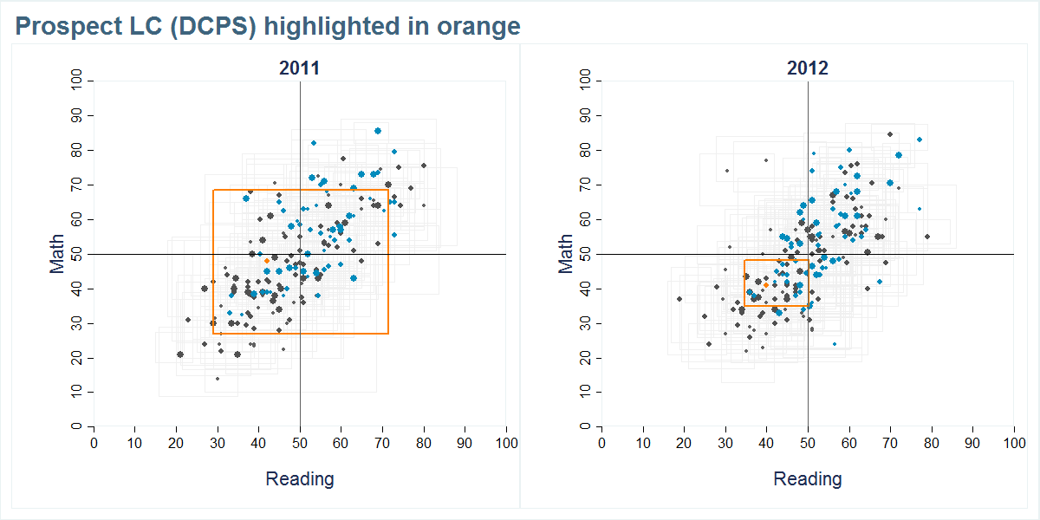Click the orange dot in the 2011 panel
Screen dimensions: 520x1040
coord(267,260)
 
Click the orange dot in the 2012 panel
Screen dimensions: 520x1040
coord(766,285)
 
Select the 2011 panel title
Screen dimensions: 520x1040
coord(299,68)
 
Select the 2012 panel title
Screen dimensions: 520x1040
coord(807,68)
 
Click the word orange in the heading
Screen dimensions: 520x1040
coord(479,27)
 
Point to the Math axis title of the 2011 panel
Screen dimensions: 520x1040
coord(58,254)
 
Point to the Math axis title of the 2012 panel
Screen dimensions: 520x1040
coord(566,254)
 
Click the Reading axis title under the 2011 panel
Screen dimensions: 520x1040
coord(299,478)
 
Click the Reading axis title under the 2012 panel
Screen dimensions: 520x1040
coord(807,478)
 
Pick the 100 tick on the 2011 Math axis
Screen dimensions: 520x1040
coord(76,81)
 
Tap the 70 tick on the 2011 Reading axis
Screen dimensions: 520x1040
coord(382,444)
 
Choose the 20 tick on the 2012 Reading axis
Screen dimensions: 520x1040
coord(684,444)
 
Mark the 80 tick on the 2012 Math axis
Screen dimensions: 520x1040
coord(584,150)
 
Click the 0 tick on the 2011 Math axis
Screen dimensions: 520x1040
coord(76,426)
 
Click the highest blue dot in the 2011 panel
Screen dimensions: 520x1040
coord(378,131)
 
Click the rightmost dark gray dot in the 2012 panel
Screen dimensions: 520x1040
coord(926,237)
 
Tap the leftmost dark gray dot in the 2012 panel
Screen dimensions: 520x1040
coord(679,299)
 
